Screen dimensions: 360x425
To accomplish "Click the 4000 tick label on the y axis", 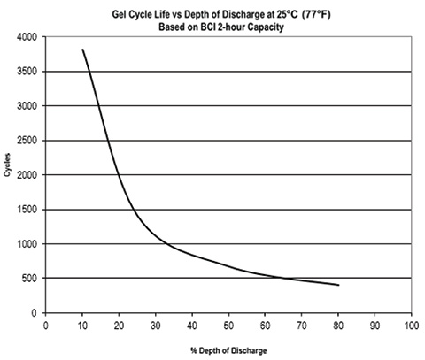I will pos(25,37).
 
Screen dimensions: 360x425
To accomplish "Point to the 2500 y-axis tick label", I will pos(25,141).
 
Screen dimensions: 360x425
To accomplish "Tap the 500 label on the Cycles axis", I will pos(27,279).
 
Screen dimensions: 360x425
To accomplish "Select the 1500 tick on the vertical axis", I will pos(25,210).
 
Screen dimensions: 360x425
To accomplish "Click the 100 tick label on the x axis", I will pos(410,325).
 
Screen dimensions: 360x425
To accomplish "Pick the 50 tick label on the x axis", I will pos(228,325).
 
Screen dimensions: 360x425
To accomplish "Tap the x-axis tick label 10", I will pos(82,325).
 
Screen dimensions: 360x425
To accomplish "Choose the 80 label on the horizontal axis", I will pos(337,325).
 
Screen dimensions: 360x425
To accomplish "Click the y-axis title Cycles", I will pos(8,174).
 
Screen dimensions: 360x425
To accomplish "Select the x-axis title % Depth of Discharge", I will pos(227,350).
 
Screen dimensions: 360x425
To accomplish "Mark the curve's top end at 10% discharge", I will pos(82,50).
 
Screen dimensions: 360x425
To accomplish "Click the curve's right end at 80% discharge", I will pos(337,285).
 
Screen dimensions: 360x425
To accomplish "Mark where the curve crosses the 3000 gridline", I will pos(97,106).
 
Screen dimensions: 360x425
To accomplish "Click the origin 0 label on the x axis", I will pos(46,325).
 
